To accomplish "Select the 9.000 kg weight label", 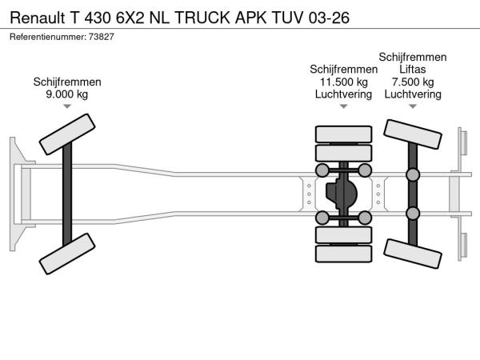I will point(67,94).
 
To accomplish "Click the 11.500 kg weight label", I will point(343,82).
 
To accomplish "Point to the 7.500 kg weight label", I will point(413,82).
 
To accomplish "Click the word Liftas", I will point(413,70).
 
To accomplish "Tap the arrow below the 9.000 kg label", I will point(67,107).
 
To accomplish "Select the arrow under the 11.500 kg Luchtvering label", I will point(343,106).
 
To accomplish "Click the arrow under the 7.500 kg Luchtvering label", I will point(413,106).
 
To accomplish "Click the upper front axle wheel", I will point(67,134).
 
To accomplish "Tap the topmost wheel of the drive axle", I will point(344,134).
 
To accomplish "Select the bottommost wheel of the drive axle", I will point(344,255).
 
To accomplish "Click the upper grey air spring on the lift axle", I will point(413,175).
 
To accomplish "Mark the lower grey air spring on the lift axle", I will point(413,213).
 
